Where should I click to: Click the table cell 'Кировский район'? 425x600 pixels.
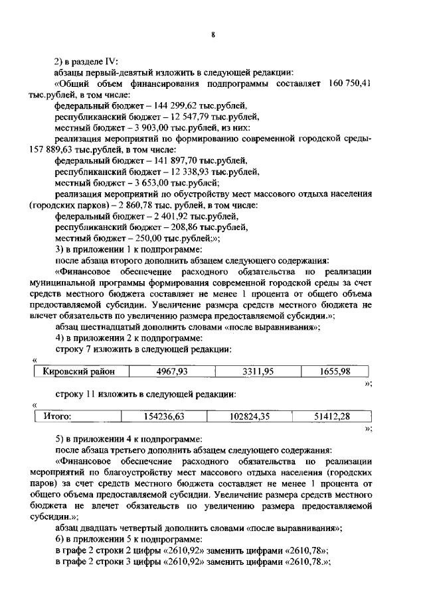coord(79,371)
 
